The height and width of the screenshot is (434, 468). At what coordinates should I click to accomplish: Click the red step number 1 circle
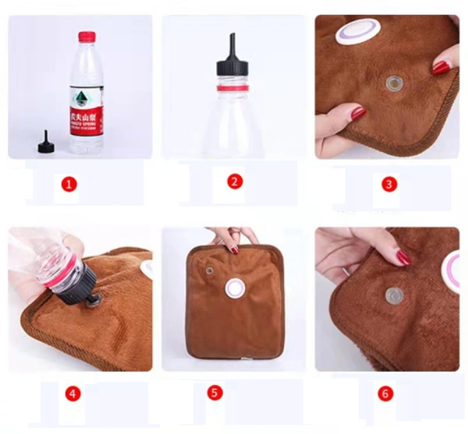(x=69, y=185)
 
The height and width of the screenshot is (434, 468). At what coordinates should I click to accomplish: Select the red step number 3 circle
(x=389, y=185)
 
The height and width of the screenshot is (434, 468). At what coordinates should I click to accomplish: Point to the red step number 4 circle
(x=73, y=393)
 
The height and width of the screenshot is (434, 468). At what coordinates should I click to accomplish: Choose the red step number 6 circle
(x=385, y=393)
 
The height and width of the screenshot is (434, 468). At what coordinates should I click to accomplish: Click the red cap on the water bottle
(x=87, y=37)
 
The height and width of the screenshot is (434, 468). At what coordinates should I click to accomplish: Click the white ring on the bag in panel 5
(x=235, y=289)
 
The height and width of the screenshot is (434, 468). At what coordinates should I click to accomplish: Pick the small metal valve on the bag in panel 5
(x=209, y=270)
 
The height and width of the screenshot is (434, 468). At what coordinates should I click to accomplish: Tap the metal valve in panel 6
(x=395, y=295)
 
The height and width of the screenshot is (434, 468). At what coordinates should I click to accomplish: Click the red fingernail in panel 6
(x=403, y=257)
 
